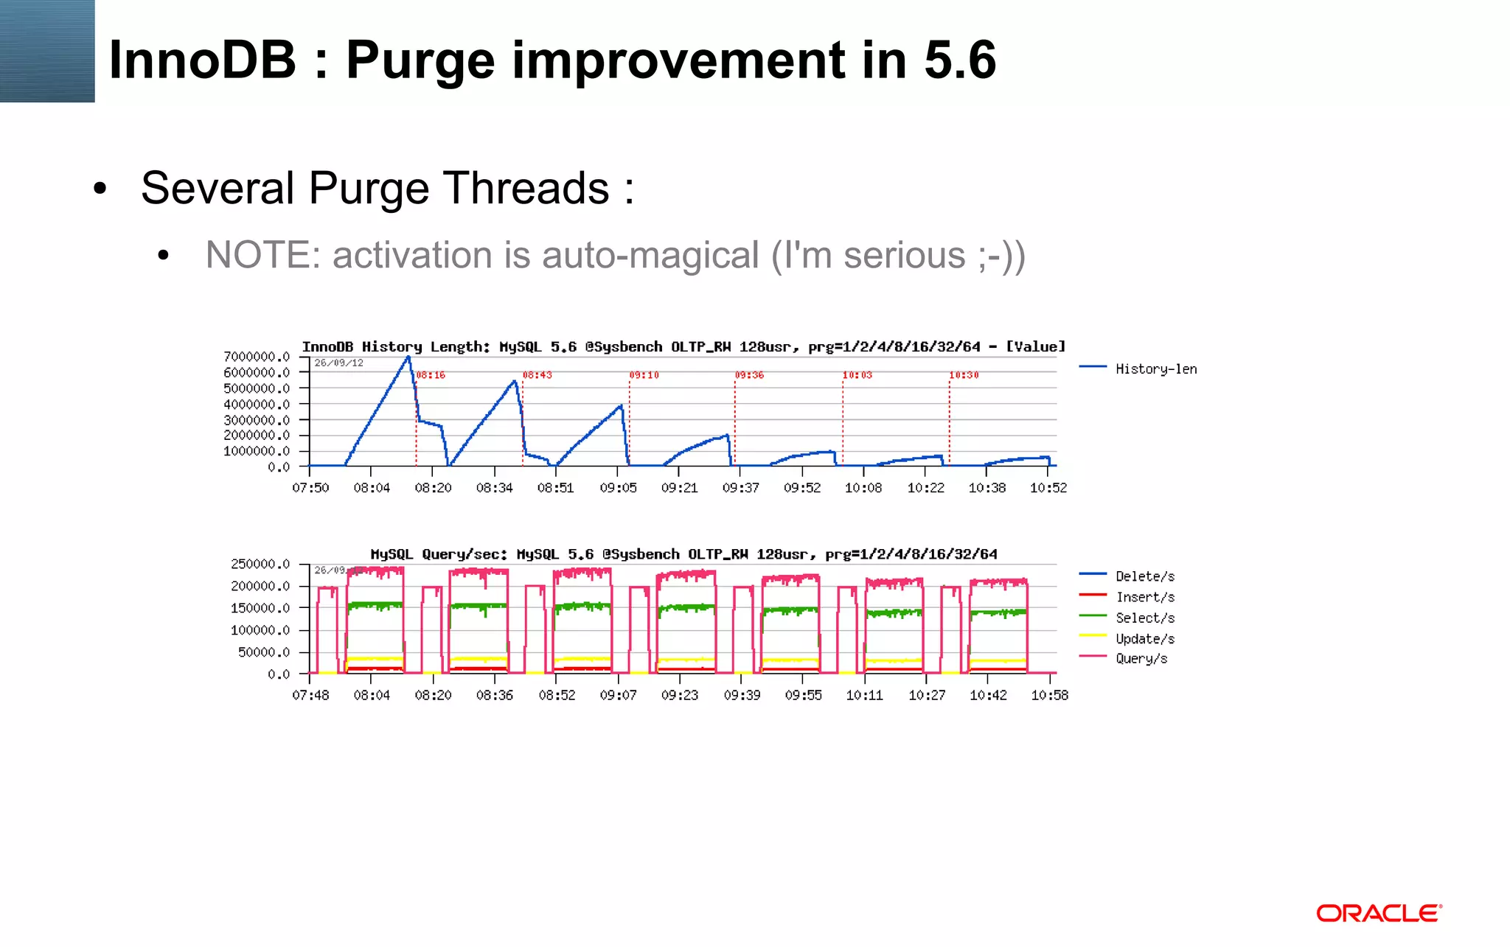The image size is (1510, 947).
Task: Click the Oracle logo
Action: click(x=1379, y=914)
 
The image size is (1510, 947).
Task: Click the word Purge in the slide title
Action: click(x=420, y=60)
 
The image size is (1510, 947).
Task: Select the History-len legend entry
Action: click(x=1155, y=369)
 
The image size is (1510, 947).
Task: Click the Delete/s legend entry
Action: click(x=1144, y=576)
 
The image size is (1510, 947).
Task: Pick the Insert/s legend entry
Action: click(x=1144, y=597)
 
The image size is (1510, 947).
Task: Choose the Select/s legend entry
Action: click(x=1144, y=618)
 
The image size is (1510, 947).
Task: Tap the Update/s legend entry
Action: click(x=1144, y=638)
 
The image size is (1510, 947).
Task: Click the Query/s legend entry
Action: click(x=1141, y=658)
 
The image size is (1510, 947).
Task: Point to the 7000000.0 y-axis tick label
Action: click(x=257, y=357)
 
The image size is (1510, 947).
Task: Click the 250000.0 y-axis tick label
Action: click(x=260, y=564)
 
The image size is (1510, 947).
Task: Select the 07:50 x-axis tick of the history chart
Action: click(x=310, y=488)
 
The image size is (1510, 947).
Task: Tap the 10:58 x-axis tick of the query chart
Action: click(x=1049, y=695)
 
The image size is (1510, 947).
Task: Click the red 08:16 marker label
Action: click(x=431, y=375)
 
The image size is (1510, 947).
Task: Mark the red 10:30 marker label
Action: click(x=964, y=375)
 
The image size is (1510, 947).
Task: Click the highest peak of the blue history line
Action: click(x=408, y=357)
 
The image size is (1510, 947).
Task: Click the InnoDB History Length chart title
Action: click(x=683, y=346)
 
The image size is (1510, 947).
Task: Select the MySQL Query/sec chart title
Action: click(x=683, y=554)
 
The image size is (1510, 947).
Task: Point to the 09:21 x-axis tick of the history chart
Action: click(x=679, y=488)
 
